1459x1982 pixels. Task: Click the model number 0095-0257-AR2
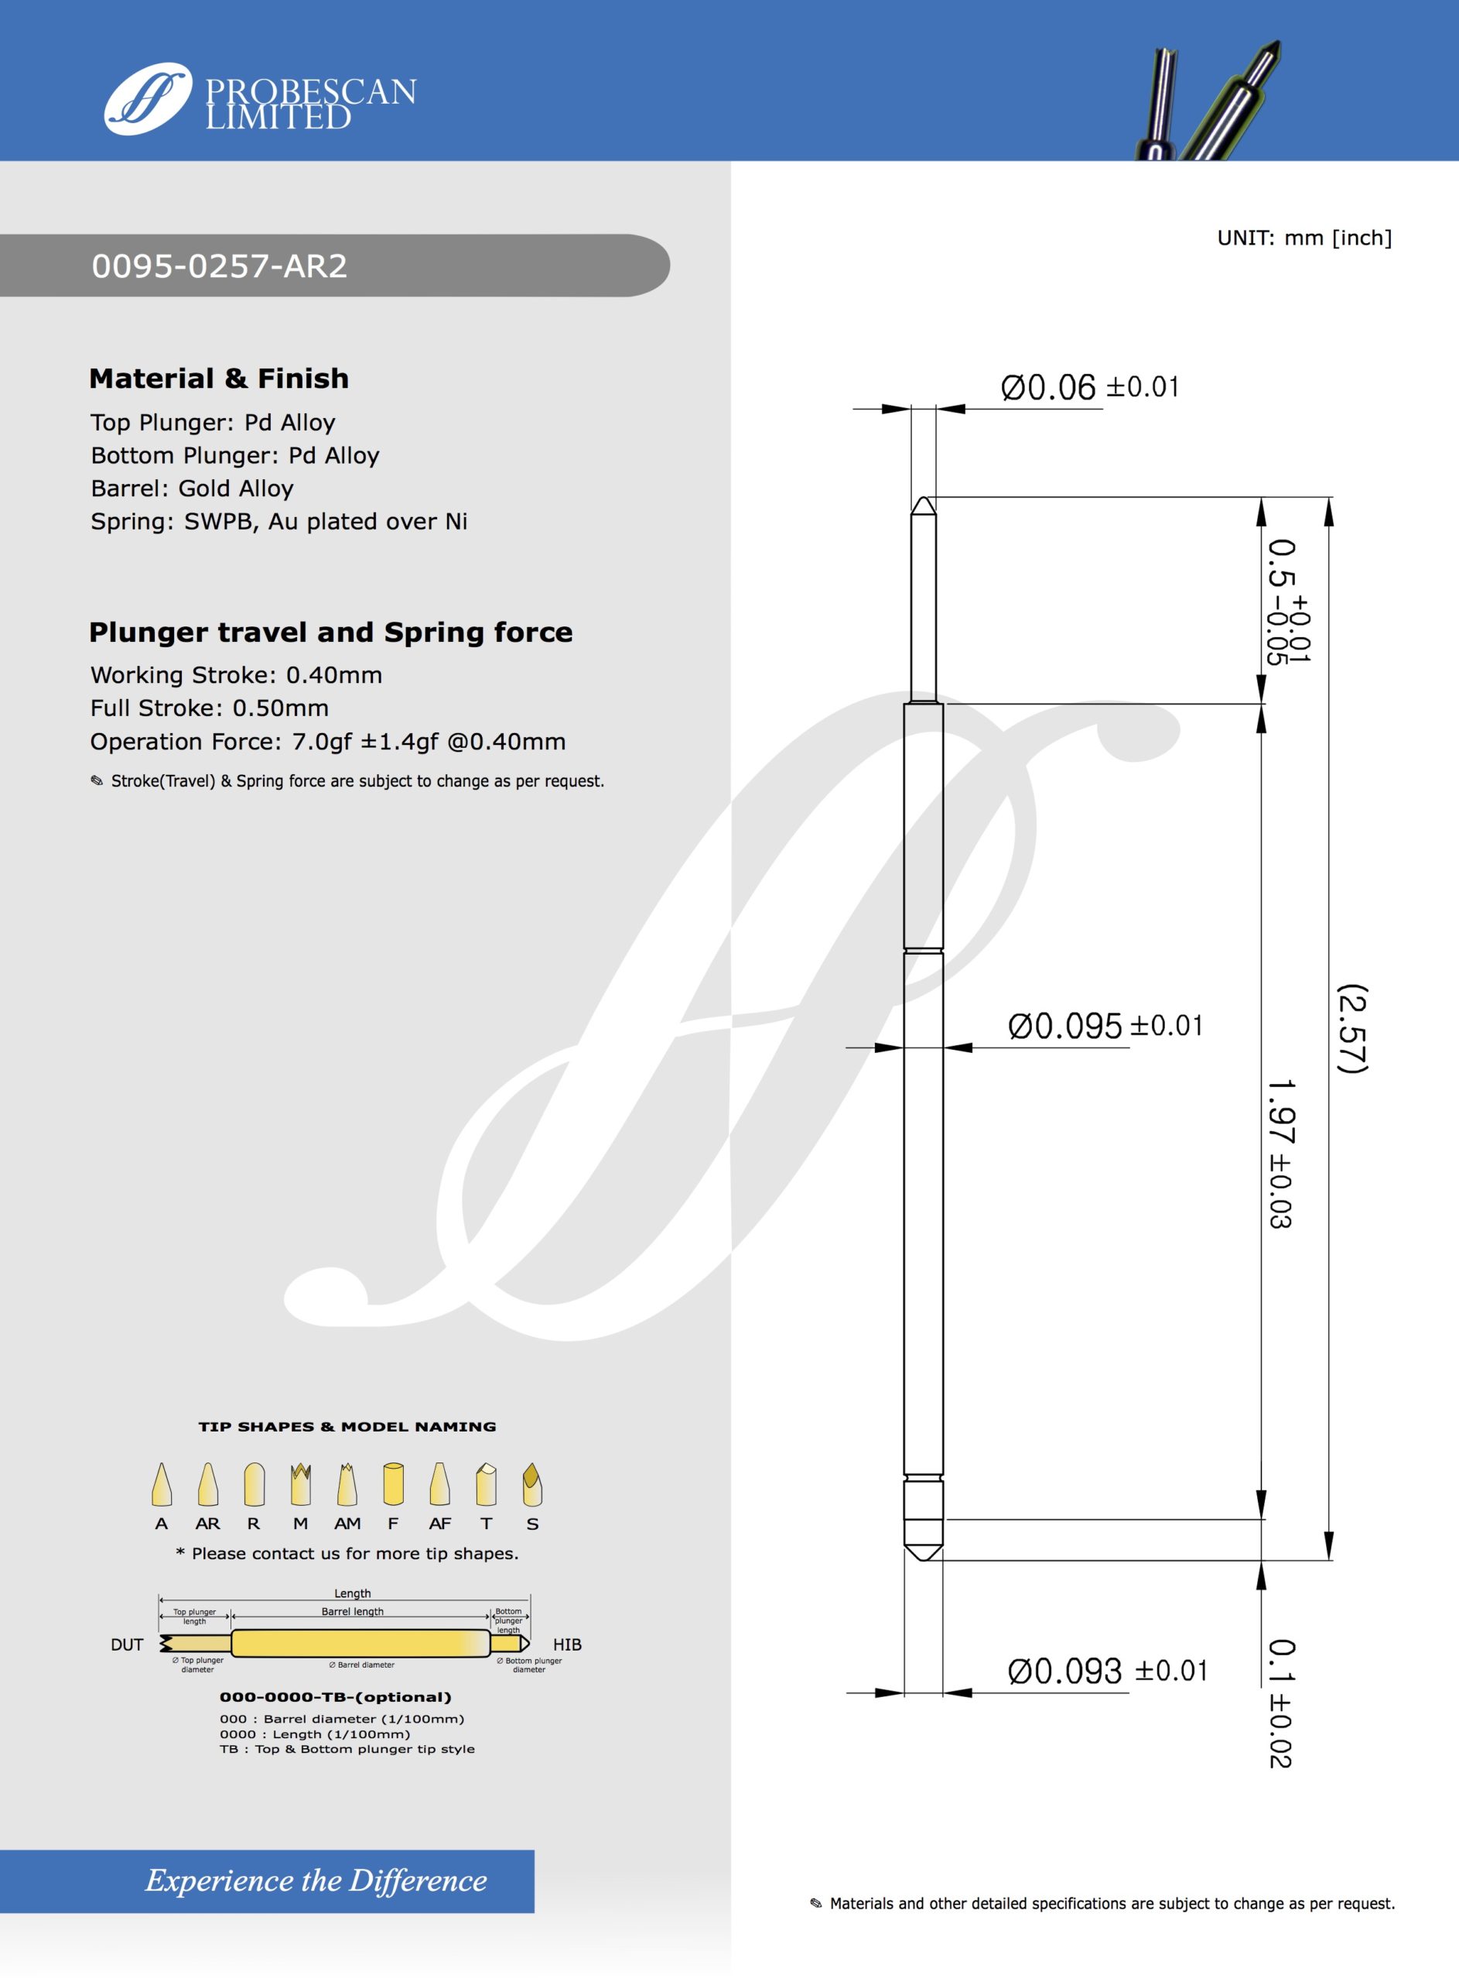[x=220, y=266]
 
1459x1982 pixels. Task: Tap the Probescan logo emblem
[x=148, y=98]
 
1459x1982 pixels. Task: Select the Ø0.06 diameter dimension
[x=1089, y=387]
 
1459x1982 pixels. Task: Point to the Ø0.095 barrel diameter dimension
[x=1104, y=1026]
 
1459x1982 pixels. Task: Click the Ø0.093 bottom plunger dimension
[x=1106, y=1671]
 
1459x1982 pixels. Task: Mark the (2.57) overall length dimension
[x=1352, y=1029]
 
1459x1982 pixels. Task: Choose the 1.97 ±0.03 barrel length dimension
[x=1280, y=1153]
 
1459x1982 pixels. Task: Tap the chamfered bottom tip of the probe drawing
[x=924, y=1552]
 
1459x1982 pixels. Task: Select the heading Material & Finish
[x=219, y=378]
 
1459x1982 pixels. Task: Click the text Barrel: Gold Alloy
[x=192, y=489]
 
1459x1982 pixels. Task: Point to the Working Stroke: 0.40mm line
[x=236, y=675]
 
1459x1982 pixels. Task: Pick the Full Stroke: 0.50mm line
[x=210, y=708]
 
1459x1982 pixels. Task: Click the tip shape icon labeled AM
[x=347, y=1484]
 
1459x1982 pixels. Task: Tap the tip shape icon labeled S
[x=531, y=1484]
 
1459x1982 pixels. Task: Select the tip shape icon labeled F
[x=393, y=1484]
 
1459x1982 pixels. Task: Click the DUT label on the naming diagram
[x=126, y=1644]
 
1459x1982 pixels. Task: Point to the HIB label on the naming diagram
[x=567, y=1644]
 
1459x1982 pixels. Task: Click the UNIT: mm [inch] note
[x=1304, y=238]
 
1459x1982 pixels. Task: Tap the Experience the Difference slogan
[x=316, y=1881]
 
